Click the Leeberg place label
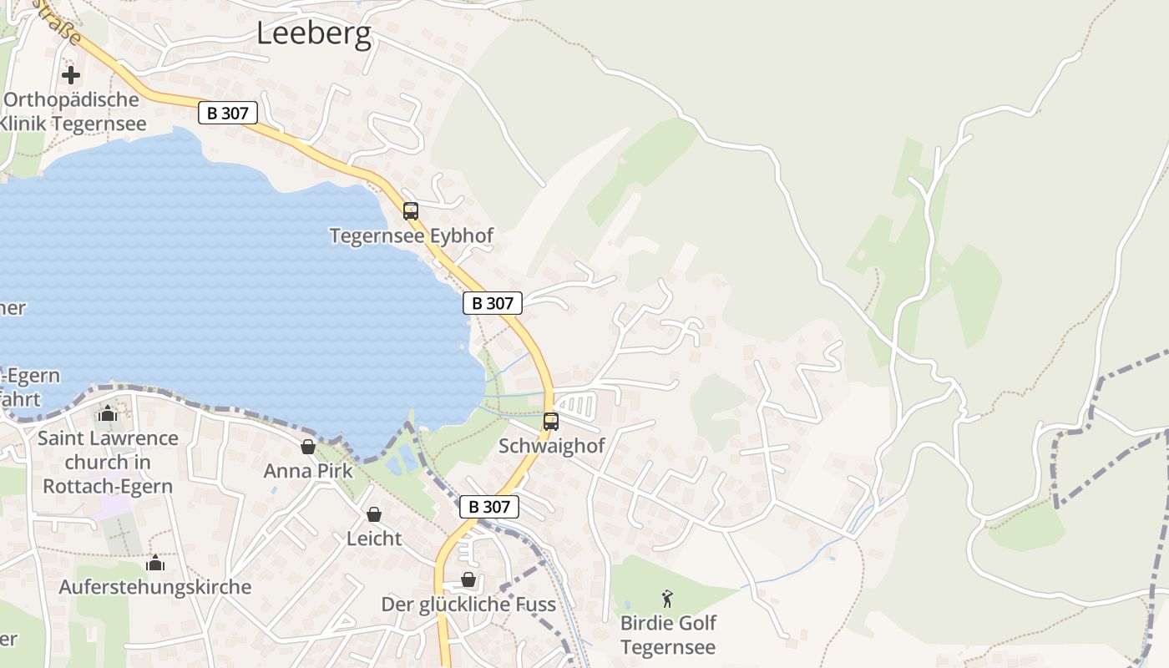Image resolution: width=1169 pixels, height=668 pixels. click(x=313, y=33)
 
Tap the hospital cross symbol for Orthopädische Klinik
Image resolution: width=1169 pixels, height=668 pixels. click(x=71, y=75)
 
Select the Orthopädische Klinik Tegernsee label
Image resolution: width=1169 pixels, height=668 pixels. click(x=73, y=112)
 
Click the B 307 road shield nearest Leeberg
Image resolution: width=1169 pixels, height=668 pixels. click(x=228, y=113)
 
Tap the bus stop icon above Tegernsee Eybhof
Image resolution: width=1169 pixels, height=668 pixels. click(x=410, y=211)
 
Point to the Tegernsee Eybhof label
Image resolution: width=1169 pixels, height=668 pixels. click(x=411, y=236)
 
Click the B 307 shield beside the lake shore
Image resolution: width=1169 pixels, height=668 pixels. click(x=493, y=303)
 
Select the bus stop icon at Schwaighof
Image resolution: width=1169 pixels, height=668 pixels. click(x=550, y=422)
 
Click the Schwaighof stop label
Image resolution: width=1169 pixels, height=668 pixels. click(x=551, y=446)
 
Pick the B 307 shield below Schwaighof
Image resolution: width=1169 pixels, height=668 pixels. click(x=489, y=507)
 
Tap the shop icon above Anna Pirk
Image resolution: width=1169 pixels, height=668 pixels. click(x=308, y=447)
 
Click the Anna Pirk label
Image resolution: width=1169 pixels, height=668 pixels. click(x=308, y=471)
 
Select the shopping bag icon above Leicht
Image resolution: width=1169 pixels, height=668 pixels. click(x=374, y=514)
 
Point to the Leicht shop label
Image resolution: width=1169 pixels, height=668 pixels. click(x=374, y=539)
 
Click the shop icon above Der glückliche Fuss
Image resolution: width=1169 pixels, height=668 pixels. click(x=468, y=579)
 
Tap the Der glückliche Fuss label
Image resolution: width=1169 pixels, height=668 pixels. click(x=468, y=604)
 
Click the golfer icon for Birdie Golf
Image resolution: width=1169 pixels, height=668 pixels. click(x=667, y=599)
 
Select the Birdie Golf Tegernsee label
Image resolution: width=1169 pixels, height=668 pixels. click(x=668, y=635)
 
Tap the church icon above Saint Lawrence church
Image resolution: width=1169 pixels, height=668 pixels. click(x=108, y=414)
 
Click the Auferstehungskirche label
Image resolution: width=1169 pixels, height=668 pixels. click(x=154, y=587)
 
